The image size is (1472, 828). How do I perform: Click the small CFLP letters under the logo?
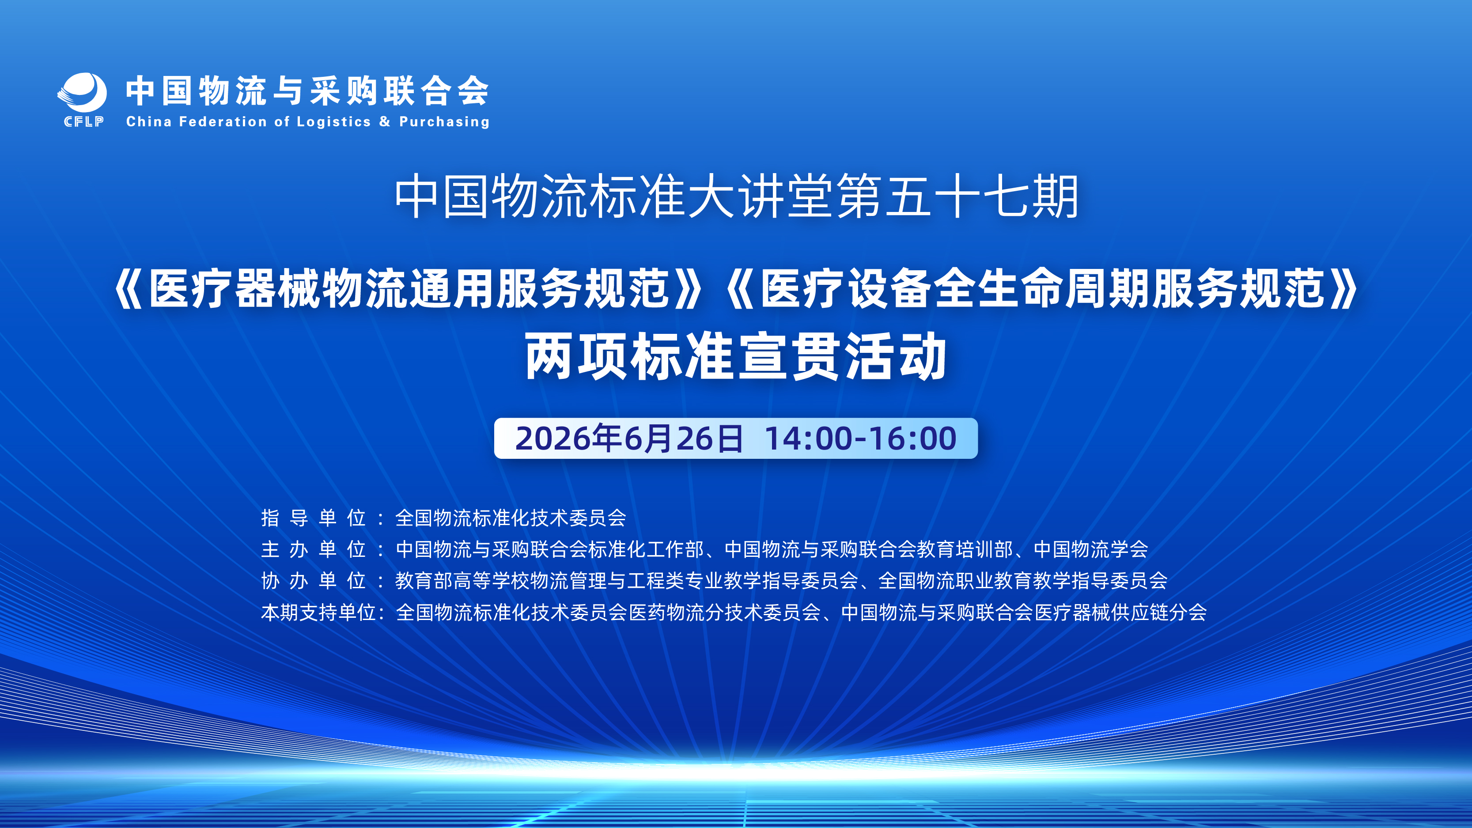[x=83, y=122]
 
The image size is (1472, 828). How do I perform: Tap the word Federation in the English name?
[x=223, y=122]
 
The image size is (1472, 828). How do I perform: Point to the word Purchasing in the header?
[x=444, y=122]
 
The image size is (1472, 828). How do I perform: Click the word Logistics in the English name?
[x=334, y=122]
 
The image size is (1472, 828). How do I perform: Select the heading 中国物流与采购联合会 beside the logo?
[x=307, y=91]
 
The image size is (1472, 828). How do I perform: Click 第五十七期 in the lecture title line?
[x=957, y=197]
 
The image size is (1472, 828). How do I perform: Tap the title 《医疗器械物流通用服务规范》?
[x=409, y=288]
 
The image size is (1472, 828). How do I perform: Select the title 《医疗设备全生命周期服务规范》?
[x=1041, y=288]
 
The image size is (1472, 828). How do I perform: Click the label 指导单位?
[x=314, y=518]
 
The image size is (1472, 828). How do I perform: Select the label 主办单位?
[x=314, y=549]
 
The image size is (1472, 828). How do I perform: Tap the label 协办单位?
[x=314, y=581]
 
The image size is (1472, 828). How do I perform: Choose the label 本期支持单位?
[x=318, y=612]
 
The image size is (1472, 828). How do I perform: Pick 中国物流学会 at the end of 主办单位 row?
[x=1091, y=549]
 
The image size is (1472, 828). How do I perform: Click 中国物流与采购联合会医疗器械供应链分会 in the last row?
[x=1024, y=612]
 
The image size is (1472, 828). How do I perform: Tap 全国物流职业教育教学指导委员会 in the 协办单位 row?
[x=1023, y=581]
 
